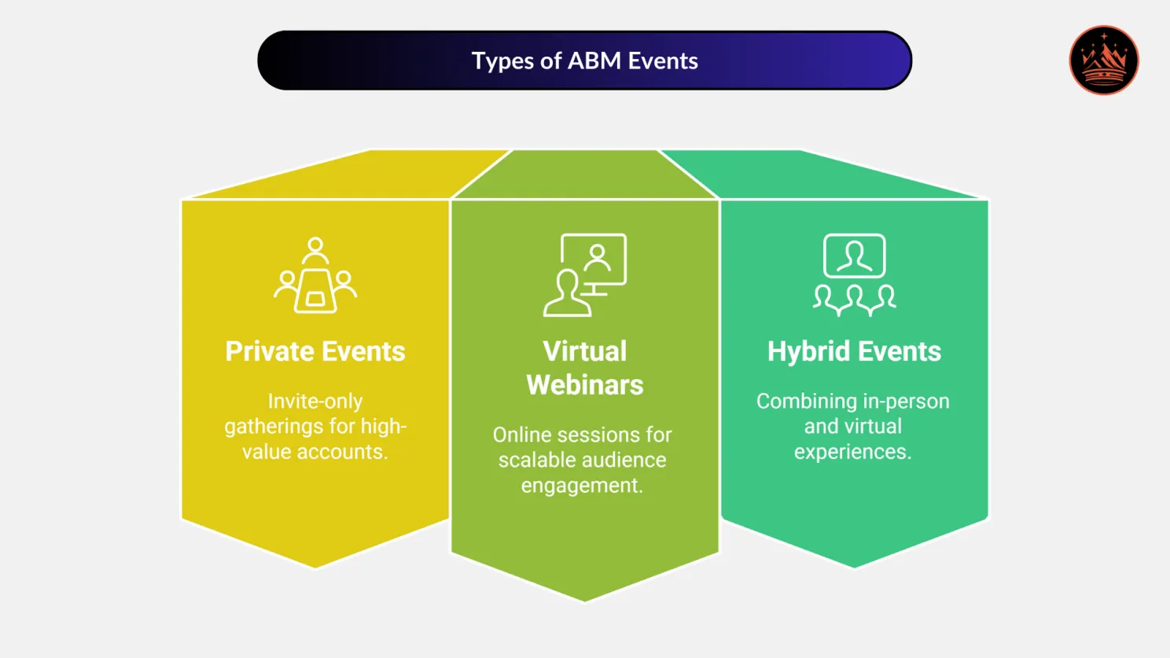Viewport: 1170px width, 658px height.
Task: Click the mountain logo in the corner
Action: click(1103, 61)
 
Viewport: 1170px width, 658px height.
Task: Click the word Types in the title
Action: click(502, 61)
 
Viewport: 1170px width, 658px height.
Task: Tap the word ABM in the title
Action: click(594, 61)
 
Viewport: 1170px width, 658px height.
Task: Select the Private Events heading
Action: click(315, 351)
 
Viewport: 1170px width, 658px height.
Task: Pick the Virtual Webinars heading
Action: click(585, 368)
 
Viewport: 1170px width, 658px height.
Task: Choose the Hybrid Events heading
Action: click(854, 351)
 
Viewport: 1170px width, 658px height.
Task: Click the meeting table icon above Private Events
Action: click(315, 276)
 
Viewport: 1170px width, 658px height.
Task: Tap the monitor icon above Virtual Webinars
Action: click(585, 275)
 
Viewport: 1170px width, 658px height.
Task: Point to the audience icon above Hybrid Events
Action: click(854, 275)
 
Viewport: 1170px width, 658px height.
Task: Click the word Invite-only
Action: click(315, 401)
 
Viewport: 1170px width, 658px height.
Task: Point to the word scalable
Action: click(536, 460)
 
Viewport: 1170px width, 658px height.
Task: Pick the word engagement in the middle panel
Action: click(582, 486)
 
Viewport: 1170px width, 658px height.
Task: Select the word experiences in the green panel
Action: click(852, 452)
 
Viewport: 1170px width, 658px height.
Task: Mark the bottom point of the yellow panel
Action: click(315, 566)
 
